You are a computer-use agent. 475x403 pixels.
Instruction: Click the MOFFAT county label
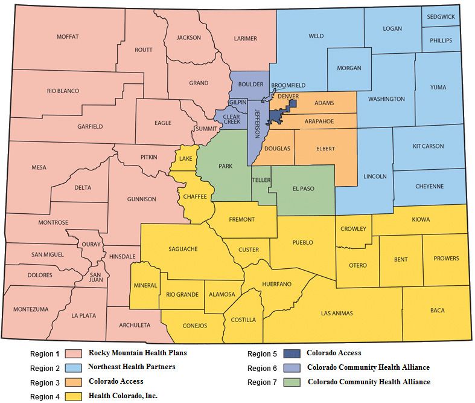point(68,37)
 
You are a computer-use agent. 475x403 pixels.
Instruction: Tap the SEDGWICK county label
point(441,17)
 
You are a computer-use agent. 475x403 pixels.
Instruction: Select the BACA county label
point(437,311)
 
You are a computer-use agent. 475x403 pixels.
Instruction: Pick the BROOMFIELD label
point(288,85)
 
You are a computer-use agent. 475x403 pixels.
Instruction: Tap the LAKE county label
point(185,158)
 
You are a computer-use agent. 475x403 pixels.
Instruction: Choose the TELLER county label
point(260,180)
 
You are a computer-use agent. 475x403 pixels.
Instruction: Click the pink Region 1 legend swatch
point(74,354)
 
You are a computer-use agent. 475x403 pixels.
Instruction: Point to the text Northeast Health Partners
point(132,367)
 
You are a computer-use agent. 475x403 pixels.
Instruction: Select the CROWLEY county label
point(352,229)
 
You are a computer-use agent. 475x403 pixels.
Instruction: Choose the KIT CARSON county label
point(428,146)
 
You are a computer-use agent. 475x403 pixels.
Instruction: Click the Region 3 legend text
point(45,382)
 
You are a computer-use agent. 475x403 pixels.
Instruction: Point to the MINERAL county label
point(145,285)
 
